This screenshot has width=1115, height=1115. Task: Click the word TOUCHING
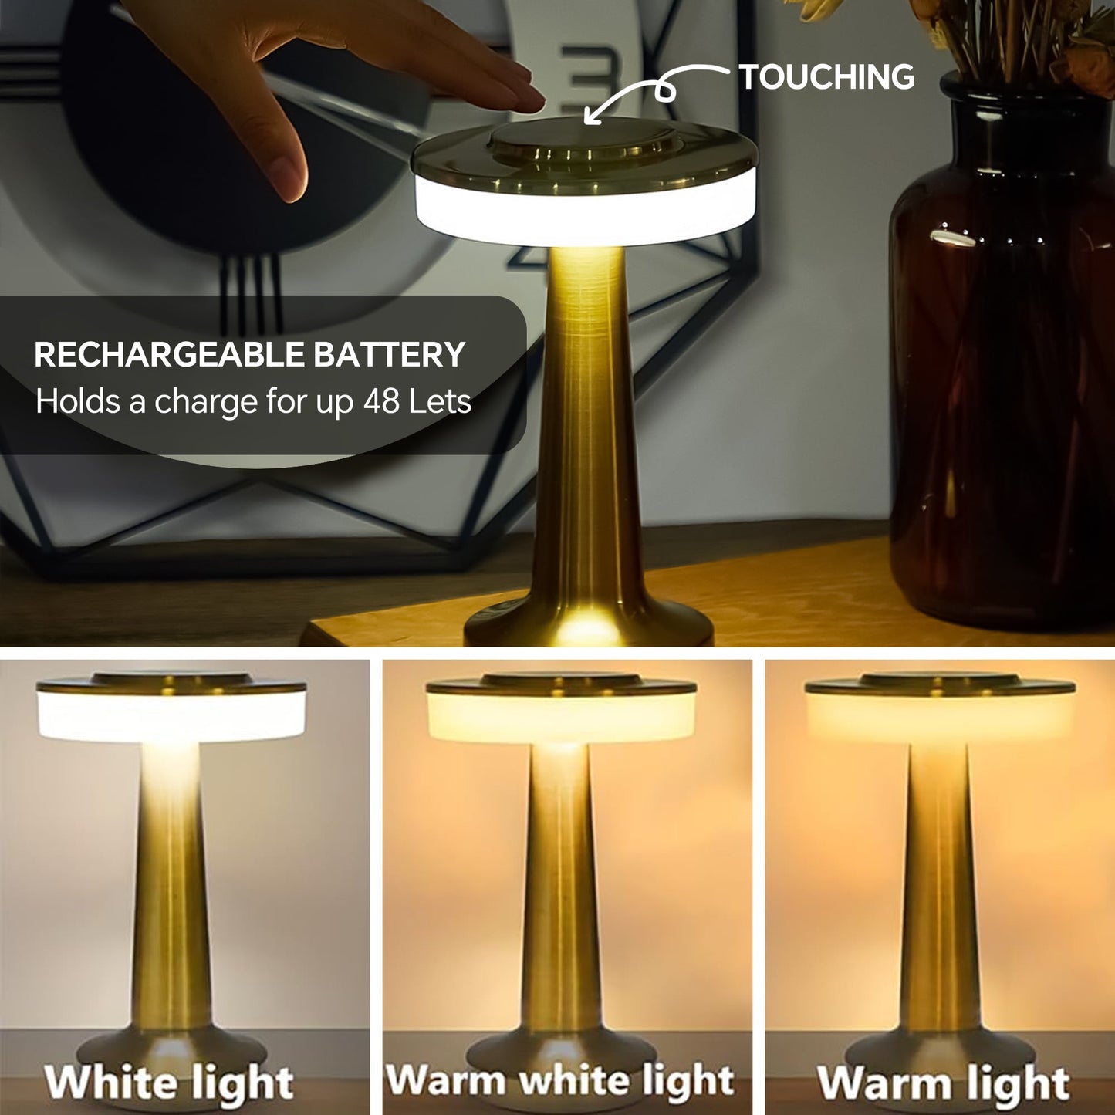tap(826, 77)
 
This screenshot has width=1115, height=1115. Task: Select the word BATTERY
tap(389, 355)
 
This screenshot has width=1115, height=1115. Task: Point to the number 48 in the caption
tap(381, 401)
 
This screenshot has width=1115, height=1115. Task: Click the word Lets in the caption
tap(440, 401)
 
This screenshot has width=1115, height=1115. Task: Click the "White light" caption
tap(169, 1082)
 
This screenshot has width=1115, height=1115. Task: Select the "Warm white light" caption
tap(559, 1080)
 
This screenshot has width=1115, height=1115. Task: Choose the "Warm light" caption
tap(943, 1083)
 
